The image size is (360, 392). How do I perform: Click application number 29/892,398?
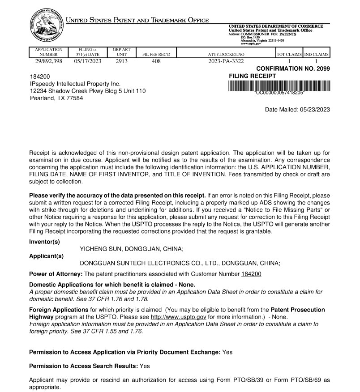click(45, 61)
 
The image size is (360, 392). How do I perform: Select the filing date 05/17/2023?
click(86, 61)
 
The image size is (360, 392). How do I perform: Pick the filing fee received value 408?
click(156, 61)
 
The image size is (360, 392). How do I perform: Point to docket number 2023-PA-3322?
click(227, 61)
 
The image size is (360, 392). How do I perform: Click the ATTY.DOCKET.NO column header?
click(227, 55)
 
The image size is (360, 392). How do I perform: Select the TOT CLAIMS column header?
click(289, 55)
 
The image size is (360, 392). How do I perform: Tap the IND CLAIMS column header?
click(317, 55)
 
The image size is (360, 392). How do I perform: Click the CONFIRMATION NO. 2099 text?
click(293, 68)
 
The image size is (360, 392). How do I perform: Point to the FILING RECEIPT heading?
click(253, 76)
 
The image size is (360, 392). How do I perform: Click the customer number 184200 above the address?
click(39, 77)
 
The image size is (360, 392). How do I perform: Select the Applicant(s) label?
click(46, 256)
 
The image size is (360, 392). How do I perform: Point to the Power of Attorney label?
click(56, 274)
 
